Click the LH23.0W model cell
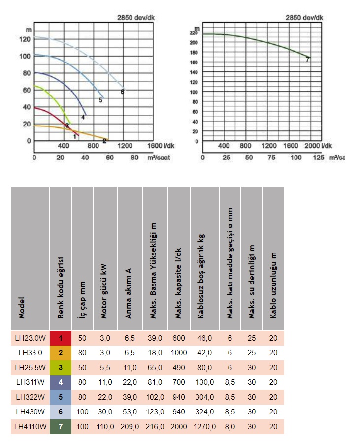(x=30, y=338)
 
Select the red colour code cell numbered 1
(x=61, y=338)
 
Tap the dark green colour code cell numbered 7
(x=61, y=427)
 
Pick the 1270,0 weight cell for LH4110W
(x=204, y=427)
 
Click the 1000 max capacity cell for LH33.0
(x=179, y=352)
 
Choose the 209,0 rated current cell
(x=130, y=427)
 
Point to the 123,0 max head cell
(x=155, y=412)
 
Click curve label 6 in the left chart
(x=122, y=92)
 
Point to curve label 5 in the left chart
(x=100, y=100)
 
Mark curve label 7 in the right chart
(x=307, y=60)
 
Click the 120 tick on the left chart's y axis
(x=25, y=39)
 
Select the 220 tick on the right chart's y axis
(x=194, y=33)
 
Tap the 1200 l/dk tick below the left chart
(x=125, y=146)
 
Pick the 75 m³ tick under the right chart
(x=271, y=158)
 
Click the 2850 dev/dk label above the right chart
(x=304, y=18)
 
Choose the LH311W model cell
(x=30, y=382)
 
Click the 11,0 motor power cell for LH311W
(x=105, y=382)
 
